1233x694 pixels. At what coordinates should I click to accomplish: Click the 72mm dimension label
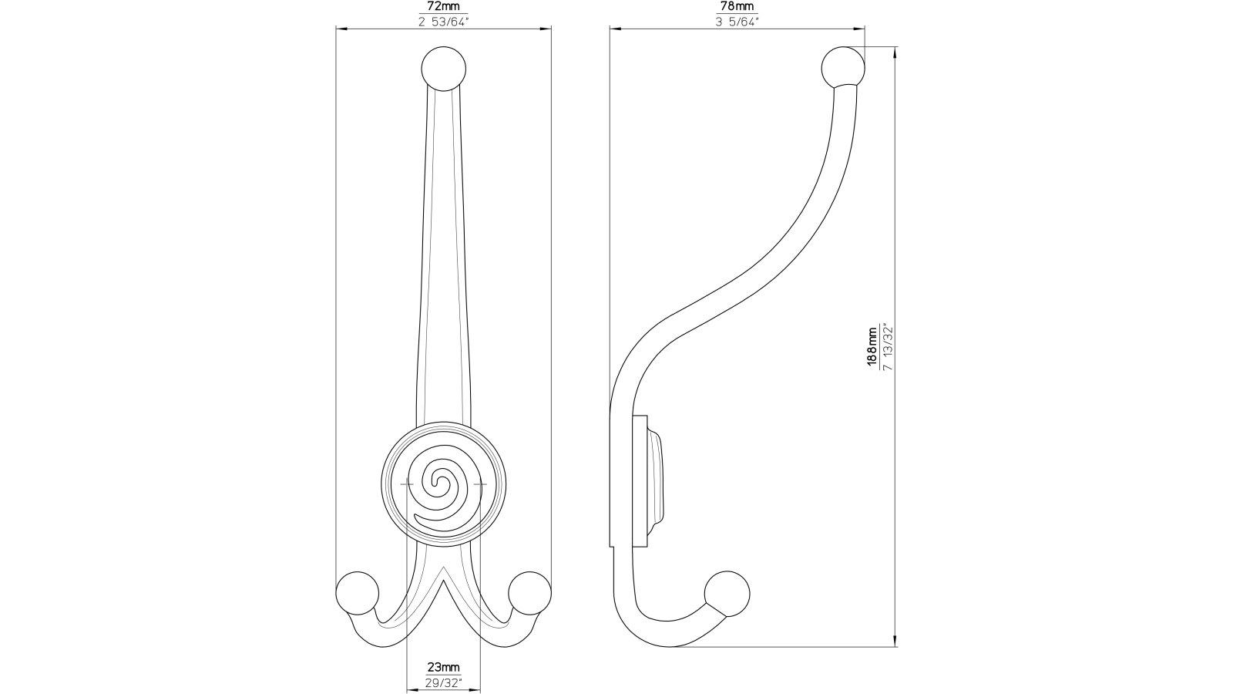pyautogui.click(x=443, y=7)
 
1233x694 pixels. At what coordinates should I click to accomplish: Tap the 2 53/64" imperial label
pyautogui.click(x=443, y=21)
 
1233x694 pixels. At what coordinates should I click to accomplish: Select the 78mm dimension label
pyautogui.click(x=737, y=7)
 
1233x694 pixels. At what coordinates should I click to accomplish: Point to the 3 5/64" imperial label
pyautogui.click(x=737, y=21)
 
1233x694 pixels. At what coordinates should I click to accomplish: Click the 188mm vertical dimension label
pyautogui.click(x=872, y=347)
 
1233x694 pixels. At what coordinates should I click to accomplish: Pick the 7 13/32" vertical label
pyautogui.click(x=888, y=347)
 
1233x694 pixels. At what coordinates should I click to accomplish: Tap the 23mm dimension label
pyautogui.click(x=444, y=668)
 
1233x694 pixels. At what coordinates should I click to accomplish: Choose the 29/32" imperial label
pyautogui.click(x=444, y=682)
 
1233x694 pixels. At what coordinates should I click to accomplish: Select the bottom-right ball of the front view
pyautogui.click(x=530, y=593)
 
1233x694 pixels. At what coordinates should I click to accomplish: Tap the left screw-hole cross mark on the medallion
pyautogui.click(x=406, y=484)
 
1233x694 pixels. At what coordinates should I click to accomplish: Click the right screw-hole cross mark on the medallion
pyautogui.click(x=482, y=484)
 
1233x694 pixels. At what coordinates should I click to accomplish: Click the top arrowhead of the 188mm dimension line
pyautogui.click(x=895, y=52)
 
